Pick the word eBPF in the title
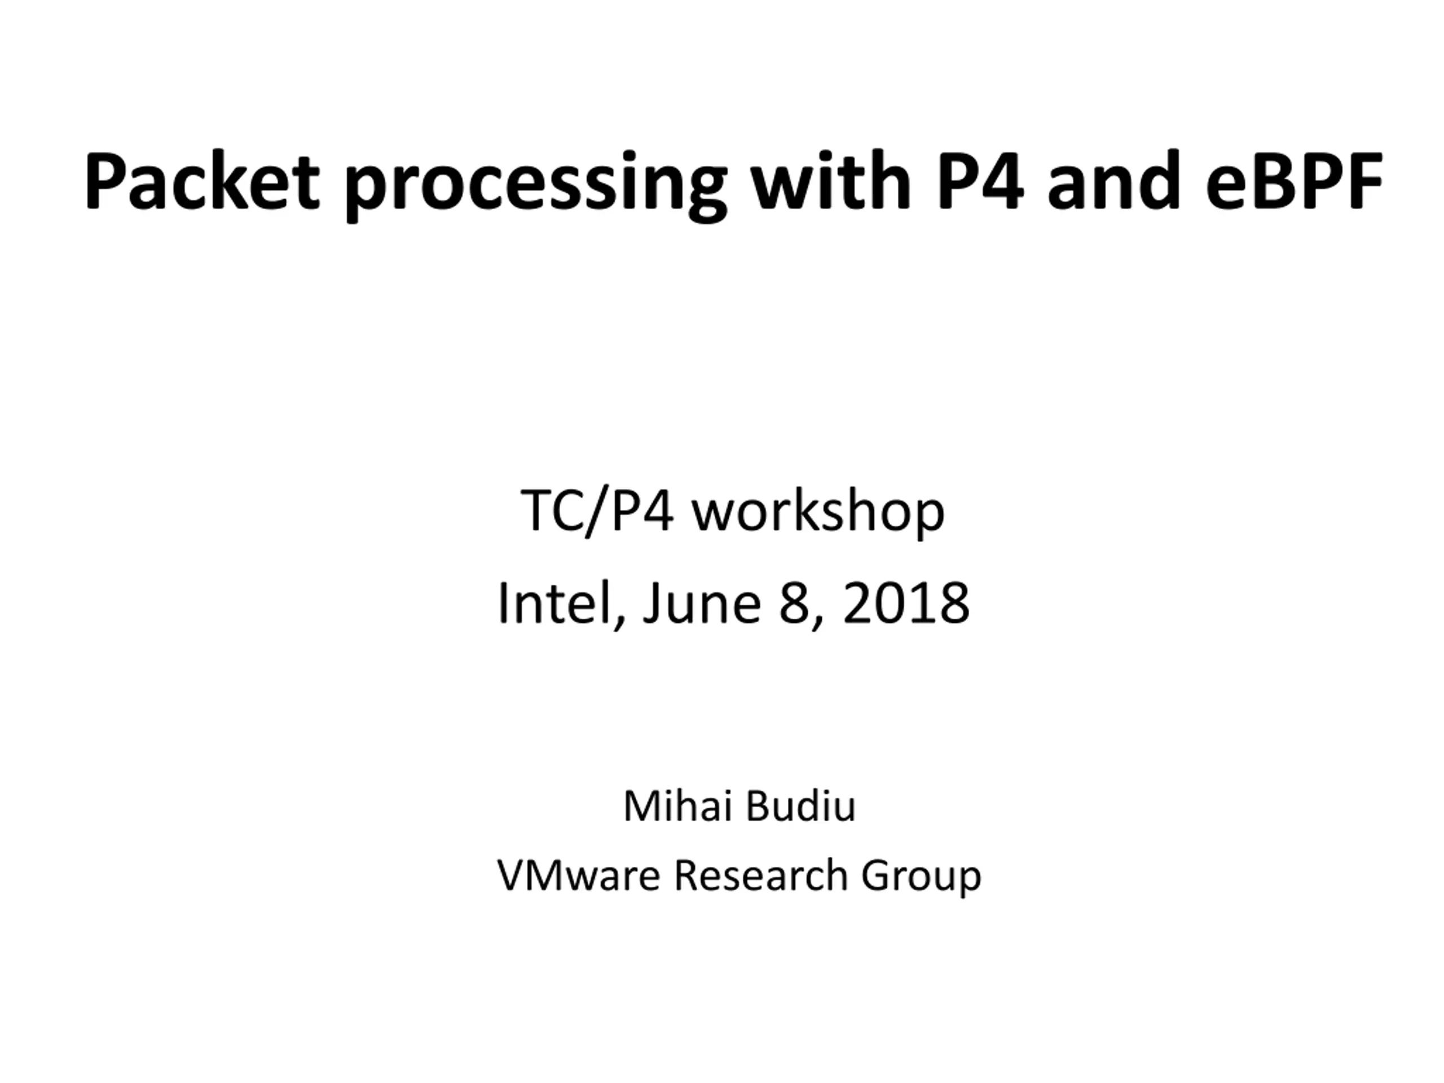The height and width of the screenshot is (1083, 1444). click(x=1295, y=181)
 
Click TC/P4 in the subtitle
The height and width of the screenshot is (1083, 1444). click(x=597, y=511)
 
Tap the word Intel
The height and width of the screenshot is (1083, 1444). click(x=556, y=602)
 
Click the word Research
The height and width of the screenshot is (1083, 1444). click(x=760, y=874)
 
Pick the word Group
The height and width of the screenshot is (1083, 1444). click(x=921, y=877)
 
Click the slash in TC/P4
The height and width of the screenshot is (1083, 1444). click(x=598, y=514)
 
